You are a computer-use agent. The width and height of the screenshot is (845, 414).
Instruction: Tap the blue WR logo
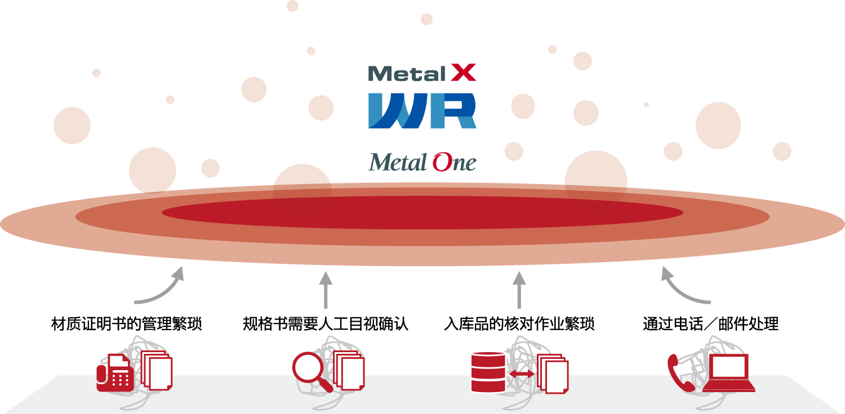[422, 111]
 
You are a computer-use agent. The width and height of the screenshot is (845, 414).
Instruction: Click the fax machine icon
[115, 373]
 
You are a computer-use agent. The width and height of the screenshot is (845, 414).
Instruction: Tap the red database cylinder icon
[488, 371]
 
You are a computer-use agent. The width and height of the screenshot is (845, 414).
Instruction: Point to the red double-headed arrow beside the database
[521, 374]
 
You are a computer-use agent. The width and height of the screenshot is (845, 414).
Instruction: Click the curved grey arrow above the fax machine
[161, 288]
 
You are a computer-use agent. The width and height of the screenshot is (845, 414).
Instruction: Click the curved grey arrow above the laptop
[684, 288]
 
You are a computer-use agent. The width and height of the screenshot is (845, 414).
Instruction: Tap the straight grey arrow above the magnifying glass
[326, 290]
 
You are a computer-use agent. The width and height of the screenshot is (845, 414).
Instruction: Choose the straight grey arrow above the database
[519, 290]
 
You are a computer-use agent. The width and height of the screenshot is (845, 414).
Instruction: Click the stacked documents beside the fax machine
[156, 370]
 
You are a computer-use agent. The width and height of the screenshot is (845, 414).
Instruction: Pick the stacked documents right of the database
[553, 374]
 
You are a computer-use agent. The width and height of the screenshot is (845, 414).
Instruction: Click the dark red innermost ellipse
[422, 213]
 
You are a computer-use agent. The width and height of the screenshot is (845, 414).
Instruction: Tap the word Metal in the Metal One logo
[398, 163]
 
